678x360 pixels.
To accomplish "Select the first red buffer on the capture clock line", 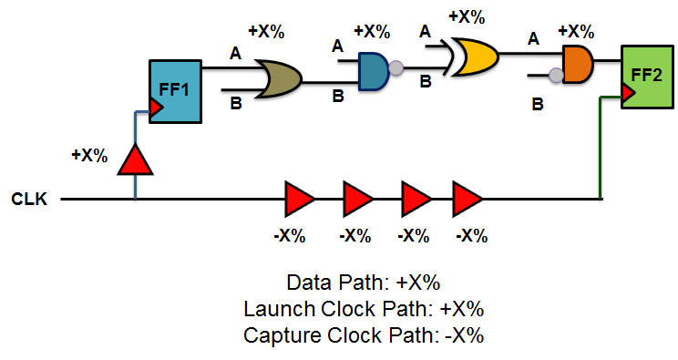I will [298, 198].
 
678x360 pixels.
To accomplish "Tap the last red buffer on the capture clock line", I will [467, 198].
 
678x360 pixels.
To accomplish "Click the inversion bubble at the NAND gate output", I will [396, 67].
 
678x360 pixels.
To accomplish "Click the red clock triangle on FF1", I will [157, 108].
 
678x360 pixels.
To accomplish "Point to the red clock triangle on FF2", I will [628, 92].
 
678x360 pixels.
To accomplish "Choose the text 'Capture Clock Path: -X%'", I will [364, 334].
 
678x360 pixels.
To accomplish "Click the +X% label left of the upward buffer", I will [89, 154].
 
